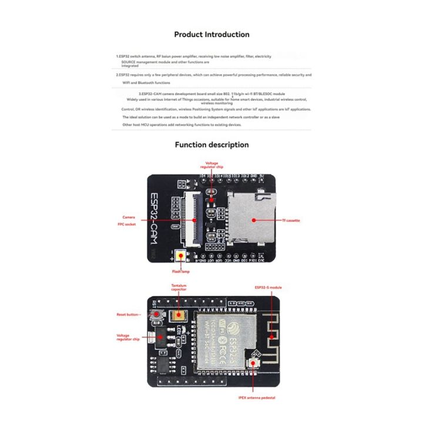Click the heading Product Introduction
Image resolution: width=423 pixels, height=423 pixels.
211,35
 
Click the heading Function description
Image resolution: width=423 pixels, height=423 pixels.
211,145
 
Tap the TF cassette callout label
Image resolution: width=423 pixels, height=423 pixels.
290,220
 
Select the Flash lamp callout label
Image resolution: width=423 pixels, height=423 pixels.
180,272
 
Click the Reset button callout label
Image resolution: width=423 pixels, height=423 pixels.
127,315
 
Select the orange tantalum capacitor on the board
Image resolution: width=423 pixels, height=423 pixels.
181,315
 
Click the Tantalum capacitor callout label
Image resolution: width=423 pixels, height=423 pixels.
180,288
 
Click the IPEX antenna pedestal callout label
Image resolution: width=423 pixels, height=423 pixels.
257,398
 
